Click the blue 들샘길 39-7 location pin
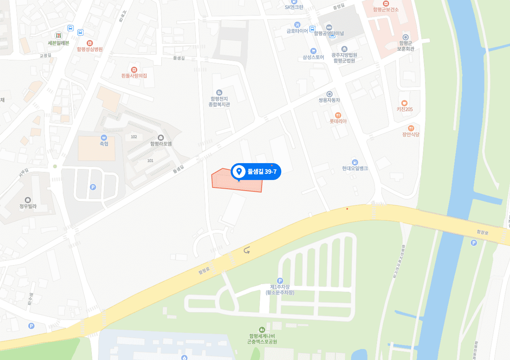pos(239,171)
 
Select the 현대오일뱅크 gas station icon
pos(355,162)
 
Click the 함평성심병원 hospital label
pos(90,49)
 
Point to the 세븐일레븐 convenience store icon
pos(58,35)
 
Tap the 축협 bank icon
pos(104,138)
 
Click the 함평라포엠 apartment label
pos(161,144)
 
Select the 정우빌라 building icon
pos(27,200)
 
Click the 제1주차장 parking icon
pos(280,280)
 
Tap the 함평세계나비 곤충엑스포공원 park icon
pos(262,329)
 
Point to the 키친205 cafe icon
pos(404,103)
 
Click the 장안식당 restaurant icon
pos(411,128)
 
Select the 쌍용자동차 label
pos(329,100)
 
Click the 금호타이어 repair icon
pos(297,24)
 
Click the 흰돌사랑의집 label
pos(134,76)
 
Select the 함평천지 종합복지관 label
pos(219,102)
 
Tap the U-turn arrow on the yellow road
pos(247,250)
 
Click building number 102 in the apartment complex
pos(134,136)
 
